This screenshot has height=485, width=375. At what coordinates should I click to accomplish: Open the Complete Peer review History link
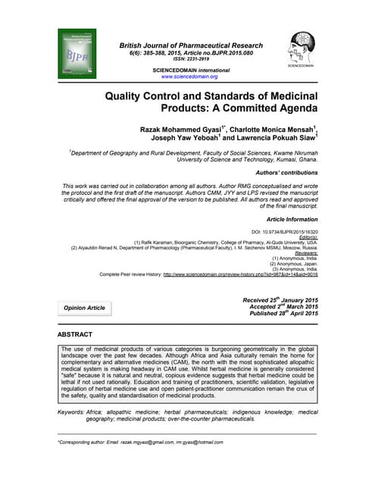(x=235, y=274)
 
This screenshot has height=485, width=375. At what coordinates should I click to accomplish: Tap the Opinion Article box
(x=86, y=308)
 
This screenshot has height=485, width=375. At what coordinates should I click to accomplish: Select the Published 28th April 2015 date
(x=279, y=314)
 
